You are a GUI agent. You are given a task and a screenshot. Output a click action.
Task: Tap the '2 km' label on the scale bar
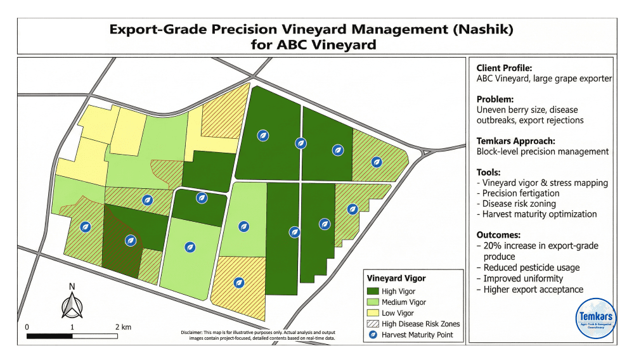122,326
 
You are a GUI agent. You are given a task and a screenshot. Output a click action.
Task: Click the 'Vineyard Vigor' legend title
396,278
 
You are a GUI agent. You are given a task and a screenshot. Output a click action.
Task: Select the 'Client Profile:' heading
504,68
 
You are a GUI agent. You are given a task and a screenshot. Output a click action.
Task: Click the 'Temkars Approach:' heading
515,141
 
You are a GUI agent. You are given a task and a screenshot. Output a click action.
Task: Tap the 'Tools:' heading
489,172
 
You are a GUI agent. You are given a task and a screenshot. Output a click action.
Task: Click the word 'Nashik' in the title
482,29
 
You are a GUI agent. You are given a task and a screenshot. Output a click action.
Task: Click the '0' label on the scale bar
27,326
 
